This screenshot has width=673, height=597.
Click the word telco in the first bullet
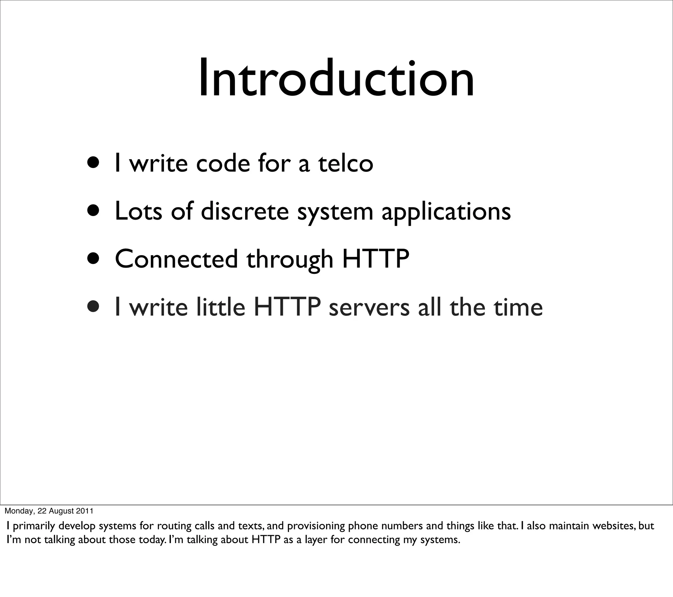(345, 163)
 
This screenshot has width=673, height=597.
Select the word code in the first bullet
(223, 163)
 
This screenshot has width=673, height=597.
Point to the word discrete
(244, 211)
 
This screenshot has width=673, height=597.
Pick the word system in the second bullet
(335, 212)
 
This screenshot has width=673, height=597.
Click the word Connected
(176, 259)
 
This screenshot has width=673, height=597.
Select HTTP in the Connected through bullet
(376, 259)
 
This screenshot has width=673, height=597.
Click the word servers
(369, 308)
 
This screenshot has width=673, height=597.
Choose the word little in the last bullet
(221, 307)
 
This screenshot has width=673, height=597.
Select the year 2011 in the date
(85, 511)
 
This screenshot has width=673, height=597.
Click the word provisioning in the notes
(315, 526)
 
